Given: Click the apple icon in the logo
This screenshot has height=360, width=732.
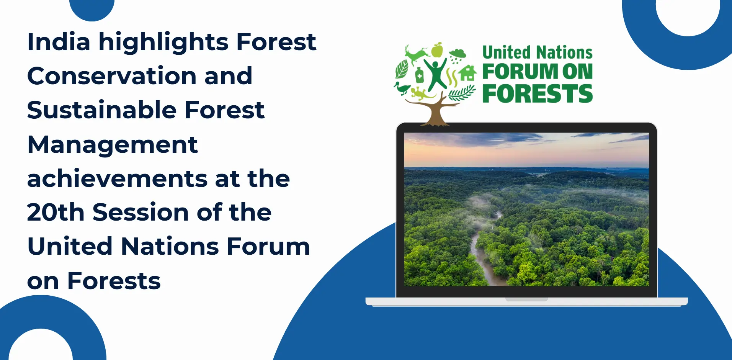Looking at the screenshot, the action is (x=437, y=50).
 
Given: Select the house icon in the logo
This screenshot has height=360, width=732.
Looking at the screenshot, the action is (x=468, y=73).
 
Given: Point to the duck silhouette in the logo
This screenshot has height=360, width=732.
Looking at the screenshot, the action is (x=402, y=88).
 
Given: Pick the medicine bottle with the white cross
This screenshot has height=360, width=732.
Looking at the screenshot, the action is (x=420, y=75).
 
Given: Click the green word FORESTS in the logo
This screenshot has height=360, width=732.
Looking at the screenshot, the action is (x=538, y=94).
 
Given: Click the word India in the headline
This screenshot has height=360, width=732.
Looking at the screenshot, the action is (x=59, y=41).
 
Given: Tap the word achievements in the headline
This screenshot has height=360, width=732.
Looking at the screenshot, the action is (x=117, y=178).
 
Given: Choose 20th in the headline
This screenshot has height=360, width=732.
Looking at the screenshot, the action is (x=56, y=212).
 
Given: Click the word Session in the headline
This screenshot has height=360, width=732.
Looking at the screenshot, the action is (x=141, y=213).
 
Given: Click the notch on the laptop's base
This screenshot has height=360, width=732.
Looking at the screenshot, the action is (x=526, y=299).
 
